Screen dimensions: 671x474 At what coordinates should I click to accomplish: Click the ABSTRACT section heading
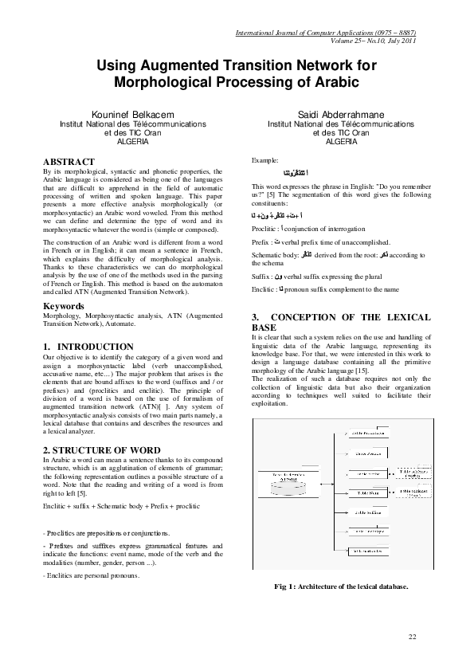click(x=63, y=161)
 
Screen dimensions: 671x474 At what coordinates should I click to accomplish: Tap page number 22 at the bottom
click(x=412, y=636)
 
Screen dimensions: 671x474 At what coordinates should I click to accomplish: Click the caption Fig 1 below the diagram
click(x=340, y=587)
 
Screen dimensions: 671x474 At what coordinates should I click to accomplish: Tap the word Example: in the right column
click(x=265, y=161)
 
